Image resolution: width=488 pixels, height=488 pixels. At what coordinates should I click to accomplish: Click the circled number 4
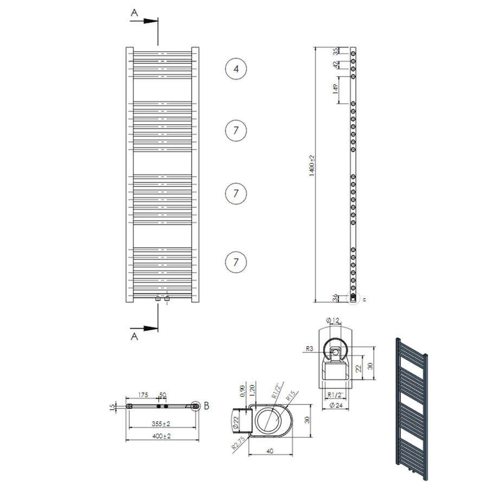236,69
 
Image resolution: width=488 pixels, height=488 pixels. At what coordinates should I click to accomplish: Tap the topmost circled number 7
236,130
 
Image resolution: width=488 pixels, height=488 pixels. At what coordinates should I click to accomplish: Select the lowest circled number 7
236,262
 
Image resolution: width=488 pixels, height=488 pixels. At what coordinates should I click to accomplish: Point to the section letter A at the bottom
134,336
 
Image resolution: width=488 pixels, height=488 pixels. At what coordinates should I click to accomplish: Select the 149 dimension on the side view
336,87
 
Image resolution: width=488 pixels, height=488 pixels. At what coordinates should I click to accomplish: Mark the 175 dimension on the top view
144,395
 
